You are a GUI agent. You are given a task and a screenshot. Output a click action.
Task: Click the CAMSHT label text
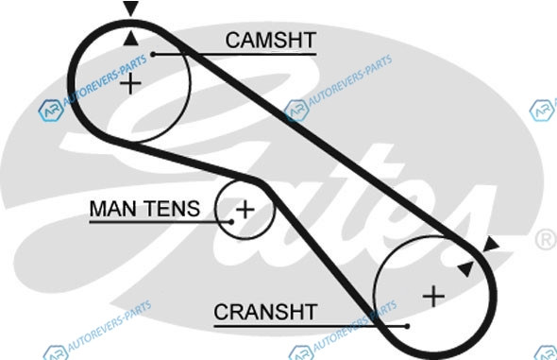[x=271, y=40]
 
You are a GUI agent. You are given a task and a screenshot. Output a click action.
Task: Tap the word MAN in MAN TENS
[x=113, y=208]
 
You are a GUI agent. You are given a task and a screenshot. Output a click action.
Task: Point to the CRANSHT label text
[x=265, y=312]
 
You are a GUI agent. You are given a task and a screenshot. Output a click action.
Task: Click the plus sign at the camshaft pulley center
[x=130, y=84]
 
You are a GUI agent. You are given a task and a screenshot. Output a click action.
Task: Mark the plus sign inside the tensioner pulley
[x=245, y=209]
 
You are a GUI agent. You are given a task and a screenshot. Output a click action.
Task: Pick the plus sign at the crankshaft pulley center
[x=433, y=296]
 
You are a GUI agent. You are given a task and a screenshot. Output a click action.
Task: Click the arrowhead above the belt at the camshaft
[x=130, y=9]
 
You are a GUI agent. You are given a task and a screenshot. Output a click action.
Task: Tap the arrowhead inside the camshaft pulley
[x=130, y=39]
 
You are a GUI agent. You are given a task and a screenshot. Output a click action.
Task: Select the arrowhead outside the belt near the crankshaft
[x=492, y=245]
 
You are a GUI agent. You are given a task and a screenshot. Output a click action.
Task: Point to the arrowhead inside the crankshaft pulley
[x=466, y=269]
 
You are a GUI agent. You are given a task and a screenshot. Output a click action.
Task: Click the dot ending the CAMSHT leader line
[x=153, y=55]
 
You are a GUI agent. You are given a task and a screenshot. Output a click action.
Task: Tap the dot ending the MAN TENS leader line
[x=231, y=222]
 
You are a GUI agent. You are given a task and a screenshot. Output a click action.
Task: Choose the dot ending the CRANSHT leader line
[x=407, y=326]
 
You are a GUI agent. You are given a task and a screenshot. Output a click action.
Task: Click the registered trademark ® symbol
[x=546, y=239]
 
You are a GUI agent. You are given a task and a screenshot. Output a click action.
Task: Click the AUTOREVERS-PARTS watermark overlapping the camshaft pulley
[x=105, y=80]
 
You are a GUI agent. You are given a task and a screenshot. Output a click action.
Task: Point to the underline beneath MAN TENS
[x=160, y=222]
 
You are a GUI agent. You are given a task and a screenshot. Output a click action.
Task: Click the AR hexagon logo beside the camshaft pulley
[x=51, y=111]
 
